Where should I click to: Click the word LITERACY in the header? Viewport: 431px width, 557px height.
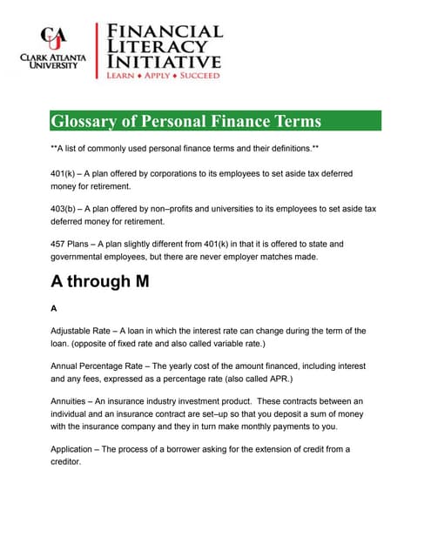[157, 46]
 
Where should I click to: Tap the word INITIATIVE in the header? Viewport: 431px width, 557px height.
[164, 63]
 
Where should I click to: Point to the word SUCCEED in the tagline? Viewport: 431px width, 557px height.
[200, 77]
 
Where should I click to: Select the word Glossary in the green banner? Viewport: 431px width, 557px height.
[87, 121]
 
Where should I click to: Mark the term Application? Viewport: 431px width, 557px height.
[74, 449]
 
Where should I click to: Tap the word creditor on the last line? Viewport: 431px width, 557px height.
[65, 462]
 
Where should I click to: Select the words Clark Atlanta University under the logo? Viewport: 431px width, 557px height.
[53, 62]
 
